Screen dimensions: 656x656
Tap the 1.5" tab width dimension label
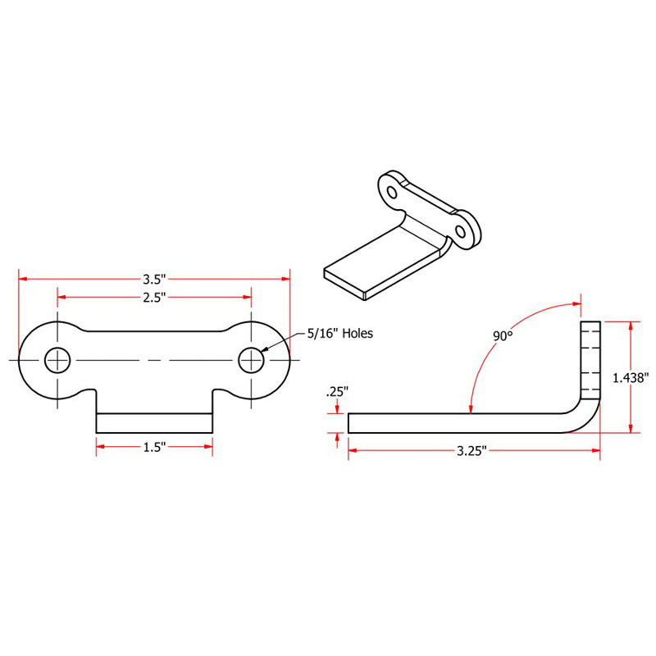tap(154, 447)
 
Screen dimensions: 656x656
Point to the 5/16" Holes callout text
tap(340, 333)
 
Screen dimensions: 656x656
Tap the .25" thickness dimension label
tap(337, 392)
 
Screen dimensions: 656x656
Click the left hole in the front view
tap(57, 360)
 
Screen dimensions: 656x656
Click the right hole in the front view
tap(251, 360)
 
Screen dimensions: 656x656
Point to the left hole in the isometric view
tap(392, 193)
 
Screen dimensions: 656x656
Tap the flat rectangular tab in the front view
tap(154, 422)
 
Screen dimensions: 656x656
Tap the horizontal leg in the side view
tap(459, 422)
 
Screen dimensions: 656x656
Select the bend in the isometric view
tap(426, 230)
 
